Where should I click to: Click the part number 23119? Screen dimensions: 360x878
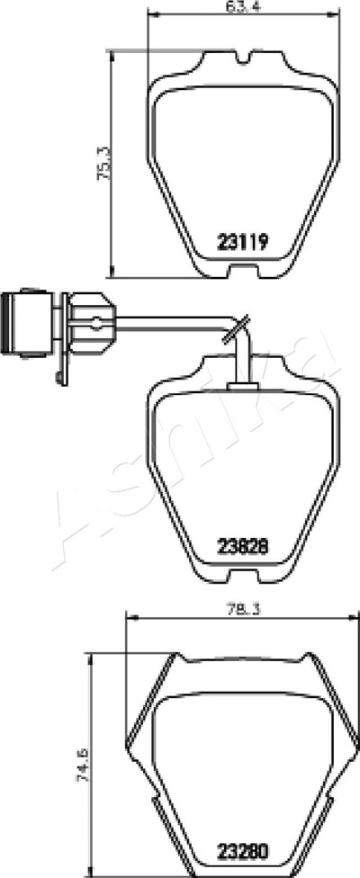[x=243, y=242]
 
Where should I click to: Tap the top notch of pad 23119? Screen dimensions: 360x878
[x=243, y=57]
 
